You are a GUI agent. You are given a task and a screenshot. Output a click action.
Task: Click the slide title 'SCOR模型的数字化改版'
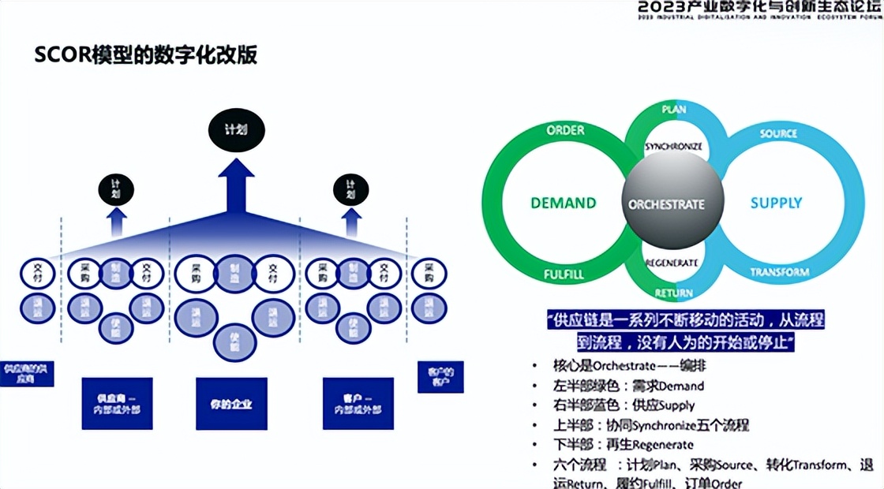pyautogui.click(x=146, y=55)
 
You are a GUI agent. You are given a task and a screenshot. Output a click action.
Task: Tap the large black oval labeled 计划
pyautogui.click(x=236, y=129)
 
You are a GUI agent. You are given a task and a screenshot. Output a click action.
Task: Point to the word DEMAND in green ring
pyautogui.click(x=563, y=203)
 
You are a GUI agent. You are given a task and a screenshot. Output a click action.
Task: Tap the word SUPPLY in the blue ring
pyautogui.click(x=776, y=203)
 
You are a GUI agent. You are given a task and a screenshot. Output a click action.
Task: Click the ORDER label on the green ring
pyautogui.click(x=565, y=130)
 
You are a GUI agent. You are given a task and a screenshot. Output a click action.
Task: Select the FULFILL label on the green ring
pyautogui.click(x=564, y=275)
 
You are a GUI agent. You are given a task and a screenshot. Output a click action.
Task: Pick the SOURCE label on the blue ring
pyautogui.click(x=778, y=133)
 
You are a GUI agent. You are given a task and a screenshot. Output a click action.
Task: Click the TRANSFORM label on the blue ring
pyautogui.click(x=779, y=272)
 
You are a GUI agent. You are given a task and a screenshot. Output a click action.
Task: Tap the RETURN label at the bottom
pyautogui.click(x=673, y=293)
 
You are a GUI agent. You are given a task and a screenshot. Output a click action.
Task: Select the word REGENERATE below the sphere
pyautogui.click(x=672, y=263)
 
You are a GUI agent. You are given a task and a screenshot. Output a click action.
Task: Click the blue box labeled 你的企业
pyautogui.click(x=231, y=404)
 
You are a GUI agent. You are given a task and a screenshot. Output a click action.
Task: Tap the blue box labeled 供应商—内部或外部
pyautogui.click(x=118, y=404)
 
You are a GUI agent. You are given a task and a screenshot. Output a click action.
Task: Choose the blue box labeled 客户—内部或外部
pyautogui.click(x=358, y=404)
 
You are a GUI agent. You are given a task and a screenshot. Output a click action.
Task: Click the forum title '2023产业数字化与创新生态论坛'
pyautogui.click(x=759, y=7)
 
